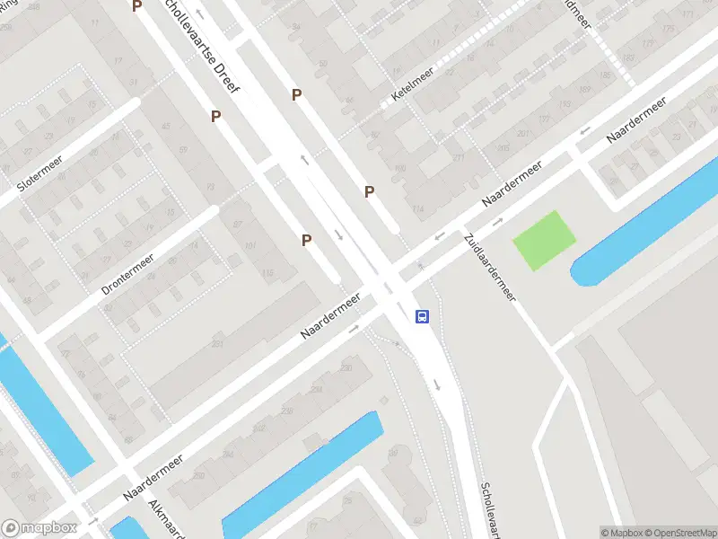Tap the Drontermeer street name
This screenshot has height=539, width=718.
pyautogui.click(x=127, y=274)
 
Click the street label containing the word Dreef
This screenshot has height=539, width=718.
pyautogui.click(x=197, y=40)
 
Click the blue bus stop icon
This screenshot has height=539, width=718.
pyautogui.click(x=421, y=316)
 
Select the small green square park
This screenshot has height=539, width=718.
pyautogui.click(x=543, y=240)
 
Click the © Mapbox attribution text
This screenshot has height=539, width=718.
pyautogui.click(x=622, y=532)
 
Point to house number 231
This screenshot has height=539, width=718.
pyautogui.click(x=216, y=344)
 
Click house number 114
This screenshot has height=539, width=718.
pyautogui.click(x=417, y=209)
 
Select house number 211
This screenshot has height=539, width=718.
pyautogui.click(x=459, y=158)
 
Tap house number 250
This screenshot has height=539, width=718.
pyautogui.click(x=198, y=476)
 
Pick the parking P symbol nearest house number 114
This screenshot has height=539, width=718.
pyautogui.click(x=369, y=191)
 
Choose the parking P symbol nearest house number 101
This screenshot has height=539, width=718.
pyautogui.click(x=306, y=240)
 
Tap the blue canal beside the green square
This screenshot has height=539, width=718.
pyautogui.click(x=646, y=216)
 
